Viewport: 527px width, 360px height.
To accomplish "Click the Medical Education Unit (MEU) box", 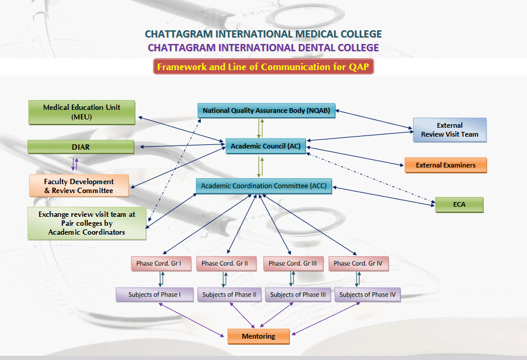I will pyautogui.click(x=81, y=112).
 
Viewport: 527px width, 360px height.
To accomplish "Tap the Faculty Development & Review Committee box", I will pyautogui.click(x=79, y=185).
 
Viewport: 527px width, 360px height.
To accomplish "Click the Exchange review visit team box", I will pyautogui.click(x=87, y=223).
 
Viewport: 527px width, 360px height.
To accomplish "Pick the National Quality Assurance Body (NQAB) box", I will pyautogui.click(x=267, y=110).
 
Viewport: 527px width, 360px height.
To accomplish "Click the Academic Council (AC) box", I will pyautogui.click(x=266, y=146).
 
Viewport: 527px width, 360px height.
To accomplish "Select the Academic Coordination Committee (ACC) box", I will pyautogui.click(x=263, y=186).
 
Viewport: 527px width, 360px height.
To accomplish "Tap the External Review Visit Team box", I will pyautogui.click(x=449, y=130).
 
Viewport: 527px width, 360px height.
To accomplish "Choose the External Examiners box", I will pyautogui.click(x=445, y=165).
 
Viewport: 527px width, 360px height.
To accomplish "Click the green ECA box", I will pyautogui.click(x=459, y=205).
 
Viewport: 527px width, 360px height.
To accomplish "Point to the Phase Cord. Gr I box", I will pyautogui.click(x=160, y=263).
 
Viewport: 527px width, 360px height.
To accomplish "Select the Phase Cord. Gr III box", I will pyautogui.click(x=293, y=263).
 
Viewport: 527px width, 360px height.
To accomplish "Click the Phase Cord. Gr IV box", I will pyautogui.click(x=358, y=263).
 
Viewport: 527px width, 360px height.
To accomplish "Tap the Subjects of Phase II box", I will pyautogui.click(x=229, y=295).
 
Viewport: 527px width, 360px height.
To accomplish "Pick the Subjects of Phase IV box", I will pyautogui.click(x=367, y=295).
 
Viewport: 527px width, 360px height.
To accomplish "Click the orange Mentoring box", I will pyautogui.click(x=258, y=336).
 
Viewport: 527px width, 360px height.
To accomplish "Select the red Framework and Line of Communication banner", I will pyautogui.click(x=263, y=67).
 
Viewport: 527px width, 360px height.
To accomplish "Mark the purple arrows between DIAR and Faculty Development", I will pyautogui.click(x=74, y=164).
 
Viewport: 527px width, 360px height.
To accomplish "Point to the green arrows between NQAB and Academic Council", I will pyautogui.click(x=259, y=128).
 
